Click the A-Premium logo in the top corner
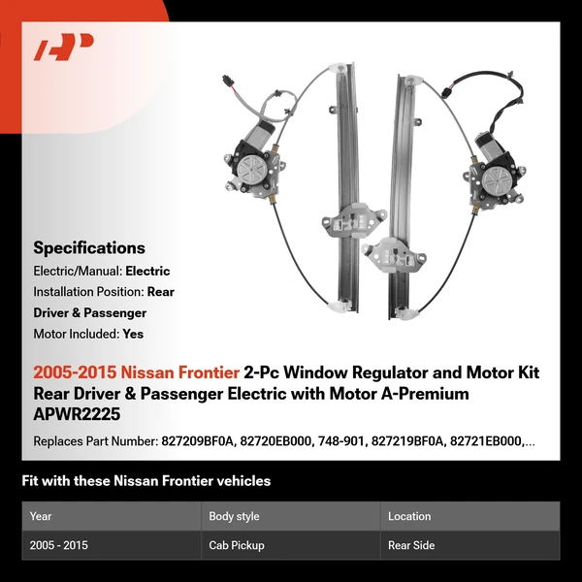pyautogui.click(x=63, y=47)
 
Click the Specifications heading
pyautogui.click(x=89, y=247)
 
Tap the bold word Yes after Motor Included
pyautogui.click(x=134, y=333)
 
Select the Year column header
pyautogui.click(x=42, y=516)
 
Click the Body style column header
pyautogui.click(x=234, y=516)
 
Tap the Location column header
pyautogui.click(x=409, y=516)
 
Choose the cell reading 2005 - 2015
pyautogui.click(x=59, y=545)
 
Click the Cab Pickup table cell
pyautogui.click(x=237, y=545)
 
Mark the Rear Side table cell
pyautogui.click(x=411, y=545)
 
